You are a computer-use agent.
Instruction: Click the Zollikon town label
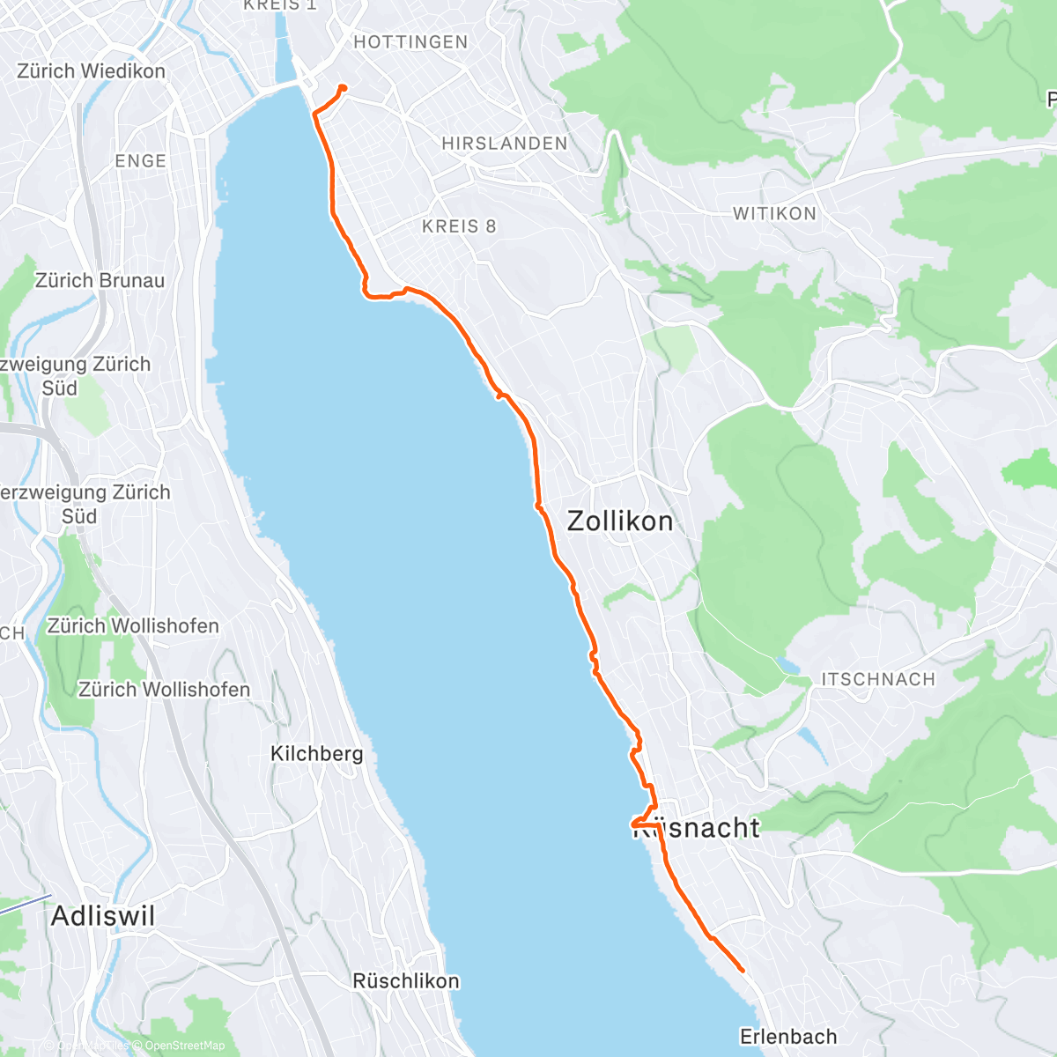[x=620, y=521]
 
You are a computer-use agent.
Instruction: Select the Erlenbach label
[x=787, y=1036]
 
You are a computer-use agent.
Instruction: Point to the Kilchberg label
[x=316, y=754]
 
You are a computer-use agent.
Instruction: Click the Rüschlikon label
[x=405, y=980]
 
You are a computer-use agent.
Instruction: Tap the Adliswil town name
[x=103, y=916]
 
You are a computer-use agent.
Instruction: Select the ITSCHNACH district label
[x=877, y=679]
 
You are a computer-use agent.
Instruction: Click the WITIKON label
[x=774, y=213]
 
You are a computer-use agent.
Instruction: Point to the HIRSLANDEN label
[x=504, y=144]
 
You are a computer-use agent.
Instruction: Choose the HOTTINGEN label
[x=410, y=42]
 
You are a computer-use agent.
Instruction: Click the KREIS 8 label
[x=459, y=226]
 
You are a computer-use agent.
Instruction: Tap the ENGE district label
[x=140, y=161]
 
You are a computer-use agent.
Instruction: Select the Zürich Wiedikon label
[x=91, y=71]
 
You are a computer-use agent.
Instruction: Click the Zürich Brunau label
[x=100, y=281]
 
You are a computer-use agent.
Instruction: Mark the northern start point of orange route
[x=343, y=86]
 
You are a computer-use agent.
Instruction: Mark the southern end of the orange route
[x=743, y=971]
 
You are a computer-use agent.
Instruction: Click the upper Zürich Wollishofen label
[x=132, y=626]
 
